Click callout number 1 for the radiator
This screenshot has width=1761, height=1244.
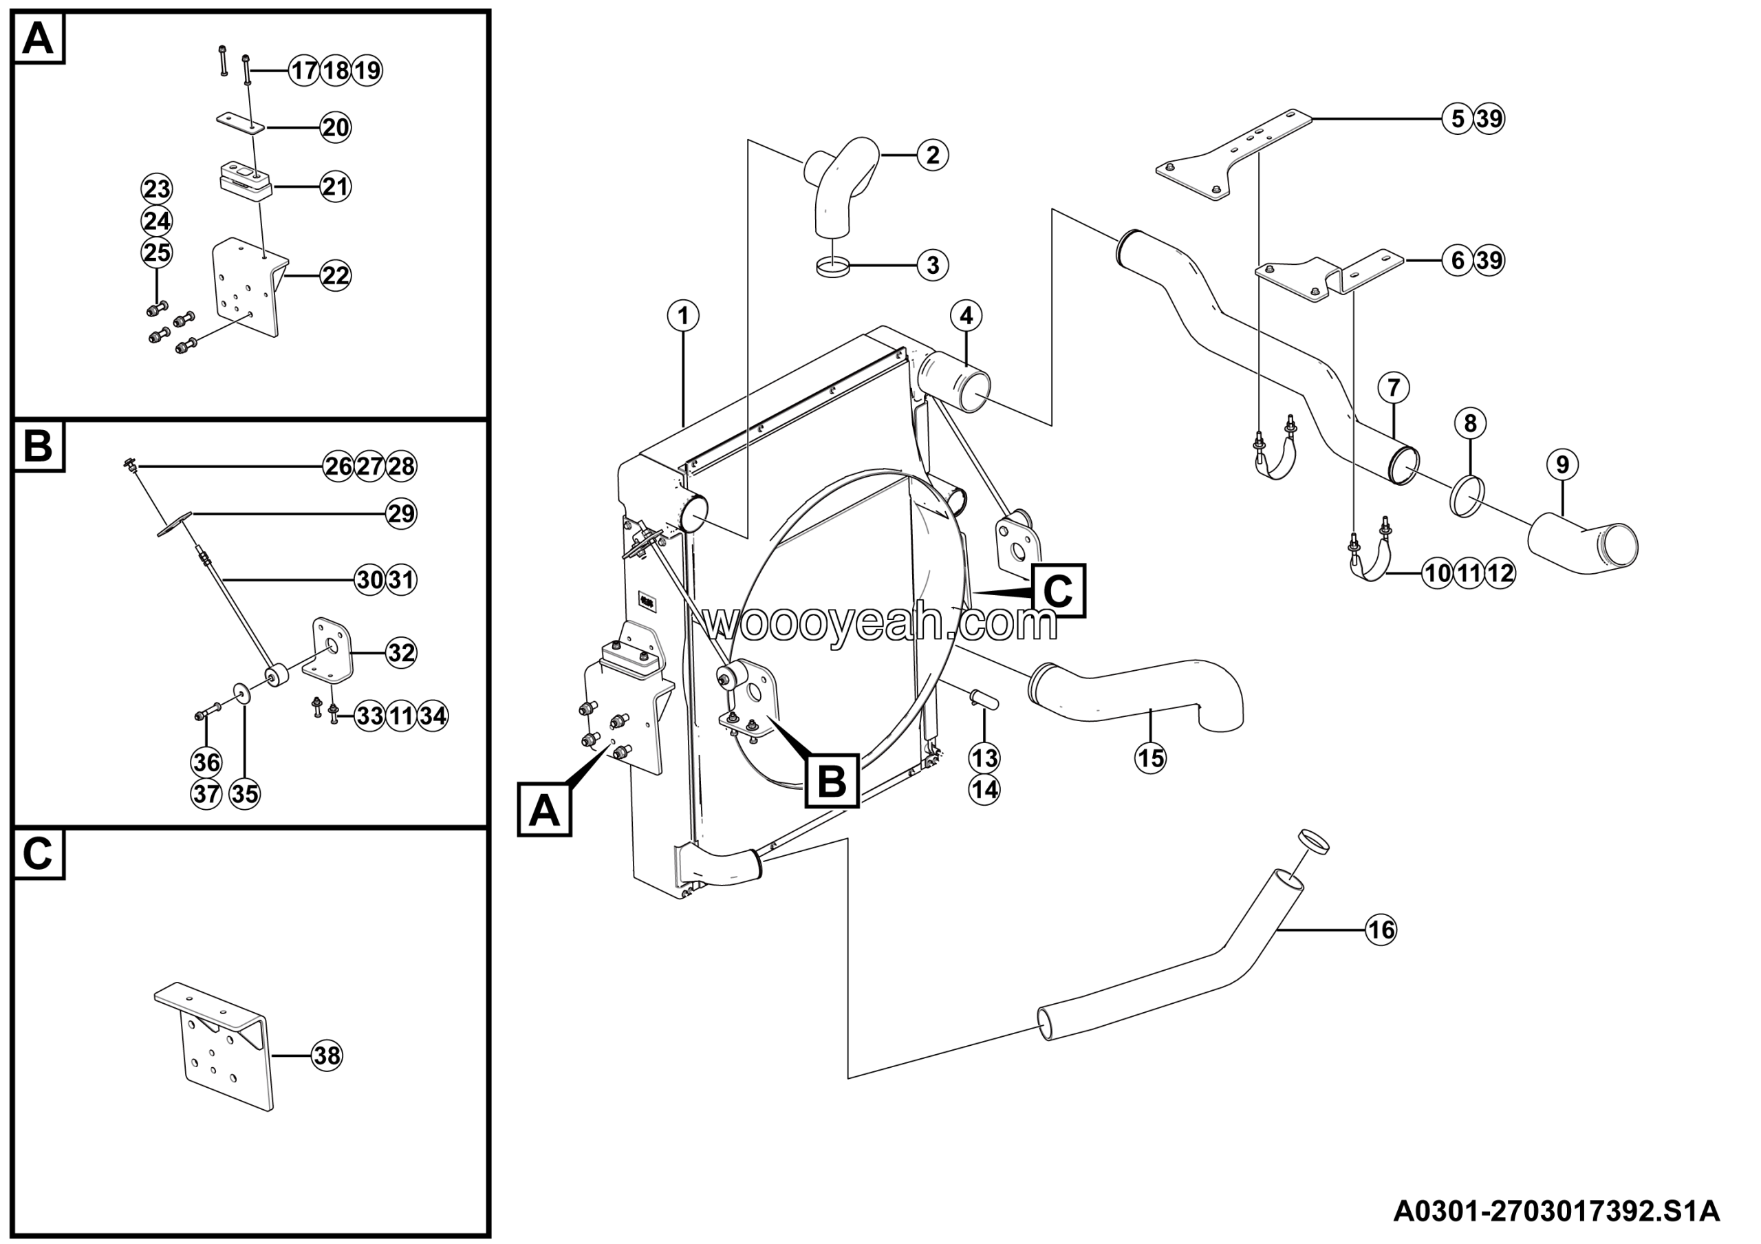coord(682,315)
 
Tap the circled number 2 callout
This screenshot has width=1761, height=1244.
coord(933,155)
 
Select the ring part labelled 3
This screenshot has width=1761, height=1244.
coord(833,266)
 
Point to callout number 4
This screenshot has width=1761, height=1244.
coord(966,315)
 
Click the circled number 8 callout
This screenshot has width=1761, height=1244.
coord(1469,423)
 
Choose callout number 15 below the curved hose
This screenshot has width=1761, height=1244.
coord(1150,758)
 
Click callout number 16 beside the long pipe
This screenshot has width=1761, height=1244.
coord(1381,930)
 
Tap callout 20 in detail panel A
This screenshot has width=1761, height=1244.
coord(335,127)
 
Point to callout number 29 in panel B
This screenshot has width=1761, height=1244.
coord(401,513)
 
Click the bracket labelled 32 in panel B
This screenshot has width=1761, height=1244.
coord(327,650)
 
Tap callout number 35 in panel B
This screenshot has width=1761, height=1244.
coord(245,794)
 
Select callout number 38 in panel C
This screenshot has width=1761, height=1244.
coord(327,1056)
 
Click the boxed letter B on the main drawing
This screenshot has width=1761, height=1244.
coord(832,781)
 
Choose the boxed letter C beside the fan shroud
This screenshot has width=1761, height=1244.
coord(1059,591)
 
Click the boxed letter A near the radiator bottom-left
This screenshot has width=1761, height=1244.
coord(545,809)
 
